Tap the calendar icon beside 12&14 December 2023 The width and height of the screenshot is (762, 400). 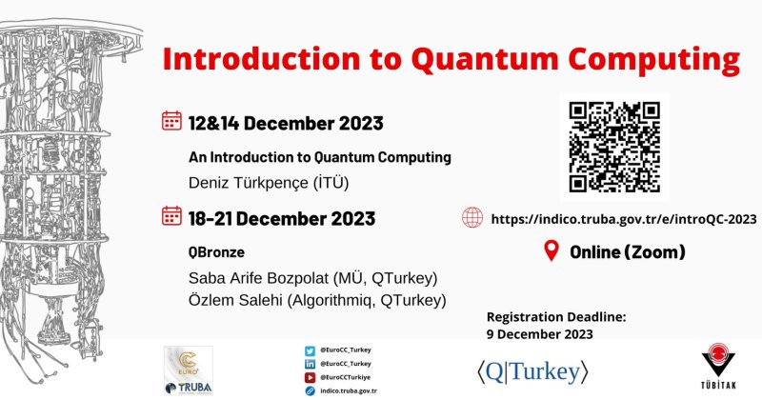(171, 121)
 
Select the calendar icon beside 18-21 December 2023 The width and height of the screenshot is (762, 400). (171, 216)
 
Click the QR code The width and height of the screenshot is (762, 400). (614, 147)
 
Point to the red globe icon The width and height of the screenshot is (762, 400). (472, 218)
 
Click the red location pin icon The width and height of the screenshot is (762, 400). (551, 250)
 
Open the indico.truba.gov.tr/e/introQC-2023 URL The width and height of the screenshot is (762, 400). (624, 219)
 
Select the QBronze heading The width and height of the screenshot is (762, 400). (216, 252)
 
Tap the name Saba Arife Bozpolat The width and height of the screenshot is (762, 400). (258, 278)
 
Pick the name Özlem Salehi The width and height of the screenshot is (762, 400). (235, 300)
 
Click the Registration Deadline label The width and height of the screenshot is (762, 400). (556, 317)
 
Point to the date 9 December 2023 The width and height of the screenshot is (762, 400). (540, 334)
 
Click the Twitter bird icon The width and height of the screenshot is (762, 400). (311, 350)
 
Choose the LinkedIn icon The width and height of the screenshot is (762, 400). (311, 364)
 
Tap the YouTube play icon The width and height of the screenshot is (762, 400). (311, 377)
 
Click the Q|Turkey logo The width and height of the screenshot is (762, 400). (532, 372)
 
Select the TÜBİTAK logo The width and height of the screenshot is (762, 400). (718, 366)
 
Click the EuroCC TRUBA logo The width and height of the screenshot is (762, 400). (188, 370)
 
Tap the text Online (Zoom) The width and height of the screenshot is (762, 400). (628, 251)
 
